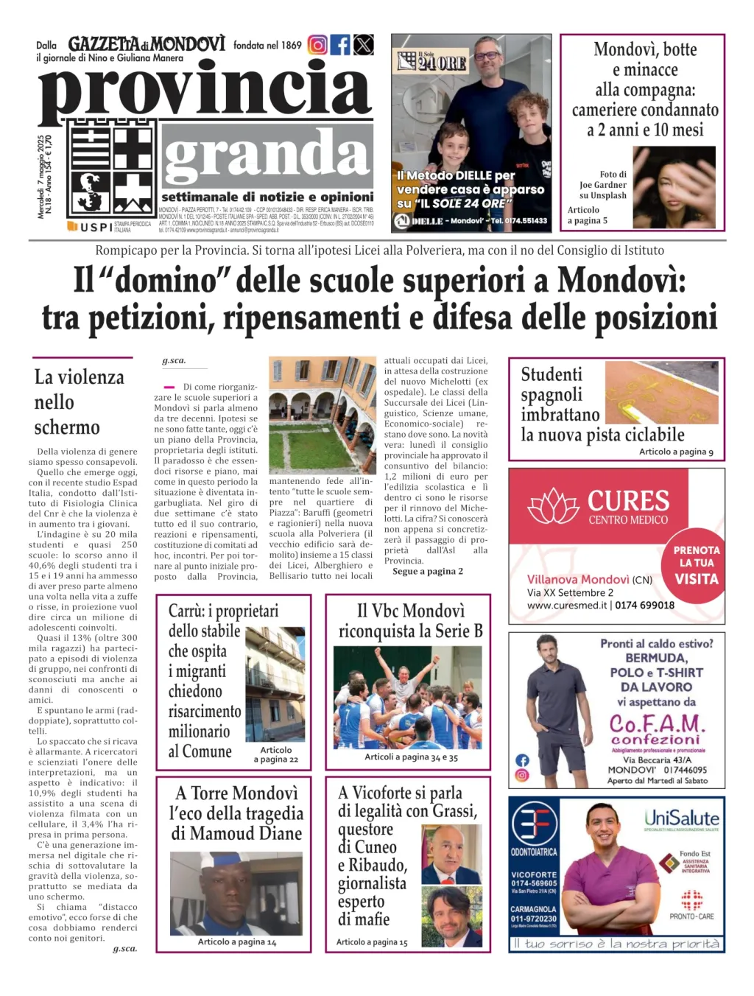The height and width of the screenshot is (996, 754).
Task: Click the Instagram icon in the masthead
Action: [317, 45]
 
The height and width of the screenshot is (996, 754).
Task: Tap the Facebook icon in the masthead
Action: [340, 45]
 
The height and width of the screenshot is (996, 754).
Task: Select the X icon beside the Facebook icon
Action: [364, 45]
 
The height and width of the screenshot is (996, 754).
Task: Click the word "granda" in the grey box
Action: [266, 155]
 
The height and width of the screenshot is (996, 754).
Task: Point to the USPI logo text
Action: [96, 227]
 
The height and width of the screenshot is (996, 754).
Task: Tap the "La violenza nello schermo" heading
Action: [79, 402]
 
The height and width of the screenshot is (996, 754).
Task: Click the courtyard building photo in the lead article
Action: [321, 415]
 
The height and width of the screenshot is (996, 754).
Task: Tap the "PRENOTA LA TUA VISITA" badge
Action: [696, 564]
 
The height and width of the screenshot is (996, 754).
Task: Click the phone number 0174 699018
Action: [645, 605]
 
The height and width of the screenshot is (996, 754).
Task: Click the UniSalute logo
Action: [681, 818]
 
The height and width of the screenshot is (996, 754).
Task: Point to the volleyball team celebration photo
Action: [407, 697]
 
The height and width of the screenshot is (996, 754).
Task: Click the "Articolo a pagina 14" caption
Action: [237, 941]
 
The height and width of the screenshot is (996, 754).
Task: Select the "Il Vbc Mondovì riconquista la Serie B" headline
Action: [410, 620]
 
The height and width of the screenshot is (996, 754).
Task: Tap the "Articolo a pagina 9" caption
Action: [676, 452]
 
